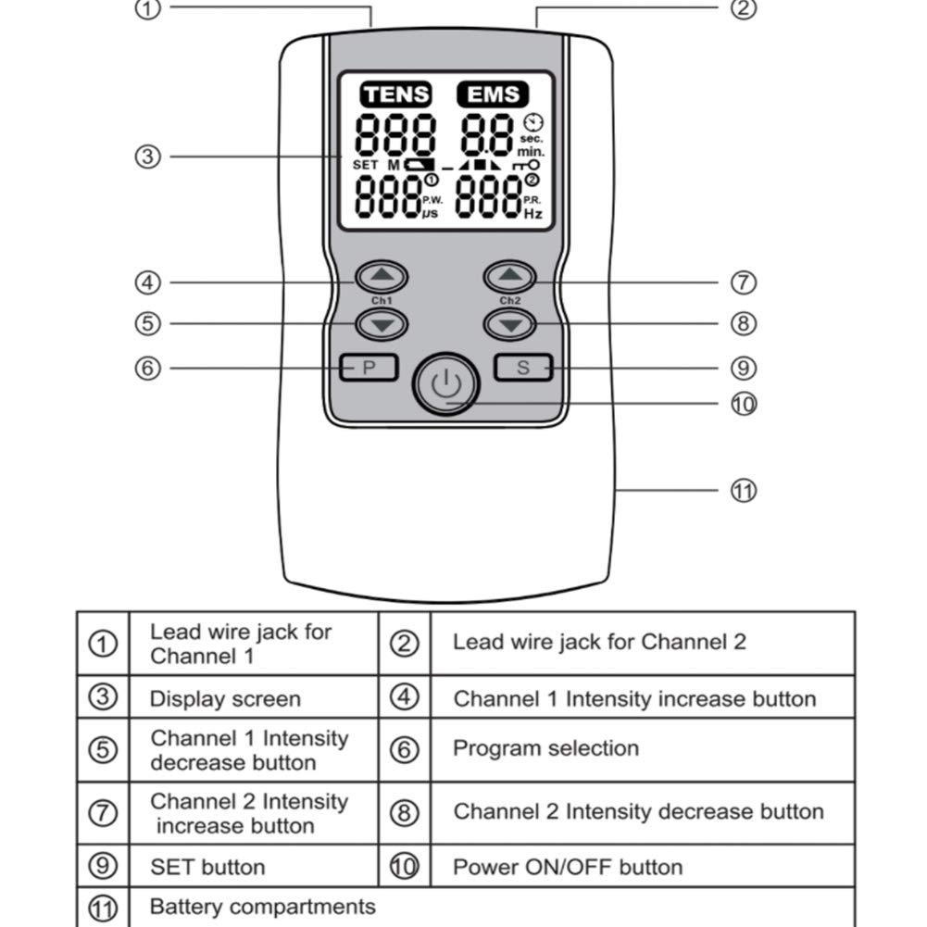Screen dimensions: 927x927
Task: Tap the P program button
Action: point(369,367)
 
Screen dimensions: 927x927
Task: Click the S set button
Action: point(523,367)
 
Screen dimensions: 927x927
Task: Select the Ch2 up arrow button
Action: point(509,276)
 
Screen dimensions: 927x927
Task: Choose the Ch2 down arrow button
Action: point(509,324)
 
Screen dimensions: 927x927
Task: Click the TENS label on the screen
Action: point(395,94)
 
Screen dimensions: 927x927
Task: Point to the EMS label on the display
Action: point(493,94)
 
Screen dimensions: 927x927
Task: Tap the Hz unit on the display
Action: point(533,213)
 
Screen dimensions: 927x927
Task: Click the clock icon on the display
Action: point(533,122)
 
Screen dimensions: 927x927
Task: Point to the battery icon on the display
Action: point(419,165)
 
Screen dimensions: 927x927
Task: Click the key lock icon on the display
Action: point(526,166)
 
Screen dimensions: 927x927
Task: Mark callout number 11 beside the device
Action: point(743,491)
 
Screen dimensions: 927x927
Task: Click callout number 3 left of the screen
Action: point(148,157)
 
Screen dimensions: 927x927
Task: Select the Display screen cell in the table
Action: point(225,698)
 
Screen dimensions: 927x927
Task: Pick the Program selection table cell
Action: point(643,749)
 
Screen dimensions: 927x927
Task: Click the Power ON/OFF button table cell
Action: point(643,866)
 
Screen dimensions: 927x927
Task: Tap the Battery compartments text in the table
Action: point(262,907)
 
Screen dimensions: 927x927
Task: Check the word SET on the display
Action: point(365,165)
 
